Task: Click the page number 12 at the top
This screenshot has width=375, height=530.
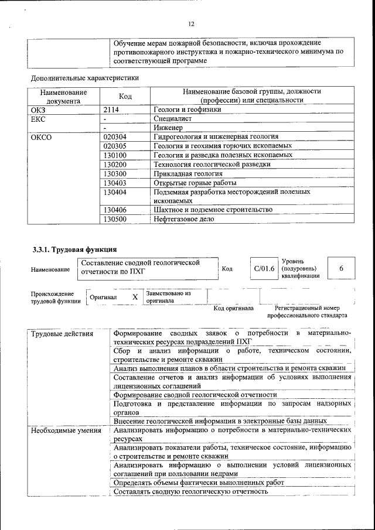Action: pyautogui.click(x=191, y=24)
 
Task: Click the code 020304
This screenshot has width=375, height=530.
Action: pyautogui.click(x=115, y=136)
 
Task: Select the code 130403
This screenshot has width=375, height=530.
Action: pyautogui.click(x=115, y=183)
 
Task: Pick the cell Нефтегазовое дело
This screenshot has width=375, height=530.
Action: pyautogui.click(x=183, y=219)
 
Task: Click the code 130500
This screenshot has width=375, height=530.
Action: pyautogui.click(x=115, y=219)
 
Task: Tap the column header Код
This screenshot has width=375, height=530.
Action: pyautogui.click(x=125, y=96)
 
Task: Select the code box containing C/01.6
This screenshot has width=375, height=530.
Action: pyautogui.click(x=264, y=268)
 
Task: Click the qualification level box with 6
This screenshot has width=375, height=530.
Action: pyautogui.click(x=341, y=268)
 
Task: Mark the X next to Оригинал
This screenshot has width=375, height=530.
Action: pyautogui.click(x=135, y=297)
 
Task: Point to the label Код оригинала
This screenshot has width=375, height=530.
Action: pyautogui.click(x=233, y=307)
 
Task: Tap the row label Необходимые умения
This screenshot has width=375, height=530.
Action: pyautogui.click(x=65, y=430)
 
